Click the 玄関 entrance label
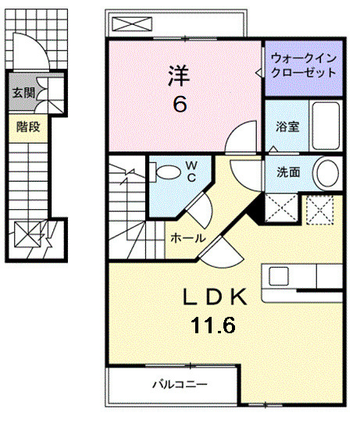click(x=23, y=93)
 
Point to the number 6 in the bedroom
click(x=180, y=104)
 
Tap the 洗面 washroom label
click(x=287, y=172)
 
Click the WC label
click(x=191, y=171)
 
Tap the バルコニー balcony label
click(x=179, y=385)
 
